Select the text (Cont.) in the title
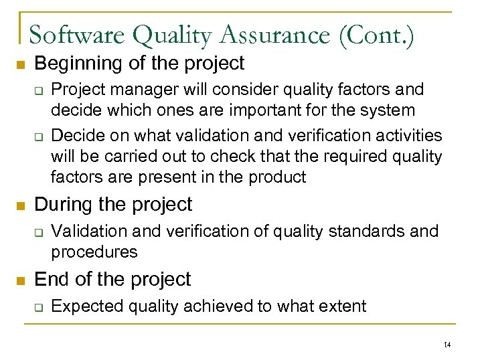pos(377,35)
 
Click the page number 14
pos(447,345)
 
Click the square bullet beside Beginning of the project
pos(20,65)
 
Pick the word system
pos(392,110)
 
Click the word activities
pos(408,136)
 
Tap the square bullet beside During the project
pos(20,205)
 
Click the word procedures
pos(94,252)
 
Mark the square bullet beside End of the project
pos(20,280)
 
